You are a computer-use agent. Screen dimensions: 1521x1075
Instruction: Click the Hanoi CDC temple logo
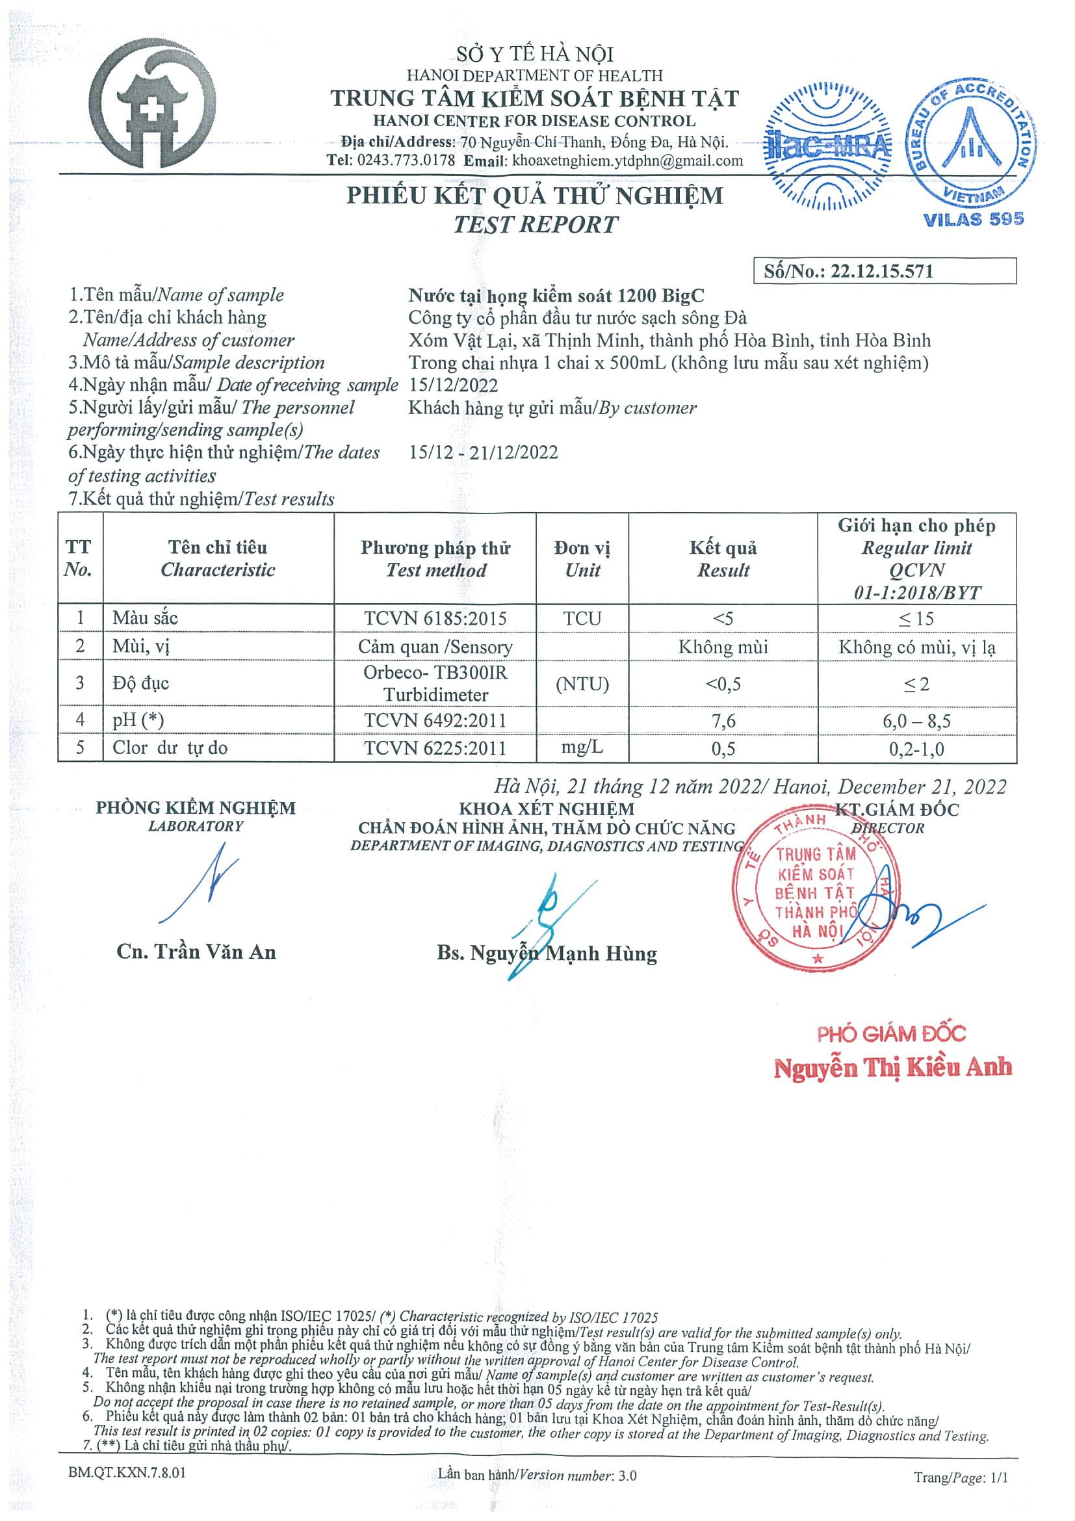click(x=152, y=103)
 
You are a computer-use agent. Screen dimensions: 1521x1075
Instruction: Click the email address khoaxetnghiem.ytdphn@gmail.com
click(x=627, y=161)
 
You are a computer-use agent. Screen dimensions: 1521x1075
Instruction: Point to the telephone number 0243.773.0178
click(x=406, y=161)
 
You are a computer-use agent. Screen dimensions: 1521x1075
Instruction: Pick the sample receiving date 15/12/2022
click(x=453, y=385)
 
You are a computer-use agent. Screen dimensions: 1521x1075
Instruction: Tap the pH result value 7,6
click(x=723, y=720)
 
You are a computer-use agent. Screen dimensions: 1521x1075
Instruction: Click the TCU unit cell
click(x=582, y=618)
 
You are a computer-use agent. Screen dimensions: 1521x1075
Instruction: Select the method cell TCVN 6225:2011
click(x=435, y=748)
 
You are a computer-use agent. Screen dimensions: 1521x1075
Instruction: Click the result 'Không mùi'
click(x=723, y=647)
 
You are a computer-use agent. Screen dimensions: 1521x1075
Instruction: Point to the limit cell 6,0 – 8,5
click(x=916, y=721)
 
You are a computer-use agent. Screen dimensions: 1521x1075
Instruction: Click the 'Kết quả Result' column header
click(x=723, y=558)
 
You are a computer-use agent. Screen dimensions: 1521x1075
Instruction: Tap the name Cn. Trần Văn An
click(x=196, y=952)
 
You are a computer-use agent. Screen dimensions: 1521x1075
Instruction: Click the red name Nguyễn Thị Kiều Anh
click(x=892, y=1067)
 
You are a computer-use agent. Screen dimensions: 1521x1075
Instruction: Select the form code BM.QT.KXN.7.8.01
click(x=127, y=1475)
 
